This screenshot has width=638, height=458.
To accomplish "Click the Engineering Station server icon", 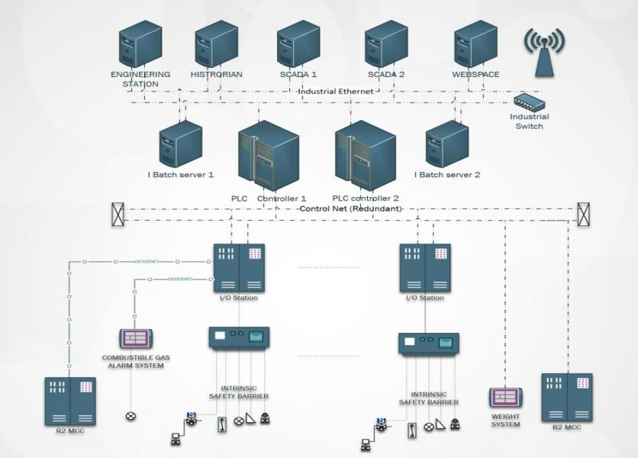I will point(141,45).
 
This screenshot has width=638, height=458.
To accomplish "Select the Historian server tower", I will point(216,45).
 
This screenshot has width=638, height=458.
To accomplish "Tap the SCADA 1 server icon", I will point(298,45).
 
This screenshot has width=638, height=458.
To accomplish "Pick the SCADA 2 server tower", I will point(385,45).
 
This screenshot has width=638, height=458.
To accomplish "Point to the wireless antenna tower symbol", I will point(544,53).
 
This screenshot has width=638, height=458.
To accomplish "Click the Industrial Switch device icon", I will point(527,102).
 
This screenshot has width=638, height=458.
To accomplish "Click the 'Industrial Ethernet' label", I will point(336,92).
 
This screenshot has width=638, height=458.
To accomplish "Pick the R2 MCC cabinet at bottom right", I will point(566,397).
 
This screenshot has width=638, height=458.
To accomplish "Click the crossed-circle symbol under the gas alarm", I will point(130,416).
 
